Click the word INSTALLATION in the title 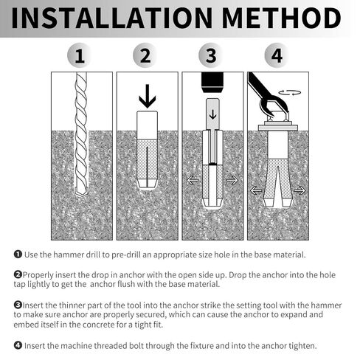click(x=112, y=18)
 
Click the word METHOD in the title click(x=282, y=18)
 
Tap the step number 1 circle click(x=80, y=55)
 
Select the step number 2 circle click(x=145, y=55)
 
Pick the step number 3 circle click(x=211, y=55)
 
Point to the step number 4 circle click(x=277, y=55)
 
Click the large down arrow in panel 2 click(x=148, y=96)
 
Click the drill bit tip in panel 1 click(x=81, y=193)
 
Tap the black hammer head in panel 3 click(x=212, y=83)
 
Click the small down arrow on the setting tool click(x=212, y=114)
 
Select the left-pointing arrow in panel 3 click(x=193, y=180)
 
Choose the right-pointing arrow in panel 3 click(x=232, y=180)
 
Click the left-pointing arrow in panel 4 click(x=256, y=190)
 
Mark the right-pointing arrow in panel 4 click(x=300, y=190)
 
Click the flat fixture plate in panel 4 click(x=278, y=128)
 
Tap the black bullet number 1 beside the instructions click(x=18, y=255)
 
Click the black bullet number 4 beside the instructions click(x=18, y=345)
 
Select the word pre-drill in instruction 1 click(x=125, y=255)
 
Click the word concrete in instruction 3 click(x=97, y=325)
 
